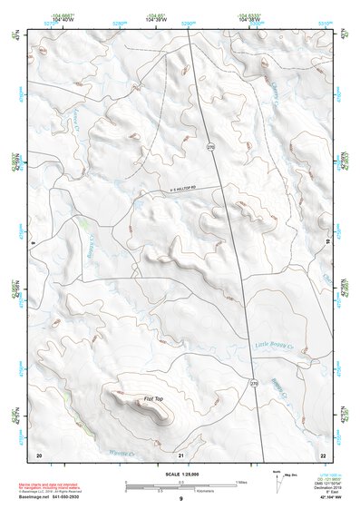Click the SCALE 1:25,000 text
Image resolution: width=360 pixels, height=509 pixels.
coord(180,474)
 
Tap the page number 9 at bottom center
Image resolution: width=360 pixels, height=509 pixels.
coord(180,498)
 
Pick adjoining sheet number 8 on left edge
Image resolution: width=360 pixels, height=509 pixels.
coord(32,243)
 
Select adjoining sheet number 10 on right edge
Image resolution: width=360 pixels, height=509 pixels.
coord(328,243)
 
